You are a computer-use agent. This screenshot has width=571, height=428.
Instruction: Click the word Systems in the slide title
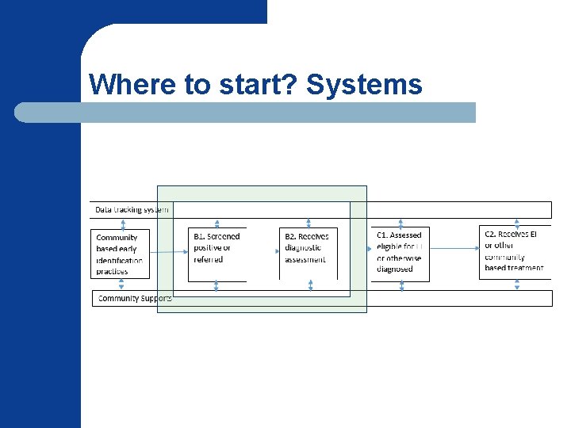364,84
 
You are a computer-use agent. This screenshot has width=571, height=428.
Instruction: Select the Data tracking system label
132,210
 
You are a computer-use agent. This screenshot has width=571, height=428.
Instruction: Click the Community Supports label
133,299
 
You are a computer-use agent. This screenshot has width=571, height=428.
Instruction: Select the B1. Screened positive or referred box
217,254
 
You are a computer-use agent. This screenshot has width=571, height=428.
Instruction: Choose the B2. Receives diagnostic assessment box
308,254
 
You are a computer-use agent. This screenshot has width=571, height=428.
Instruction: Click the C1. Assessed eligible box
401,254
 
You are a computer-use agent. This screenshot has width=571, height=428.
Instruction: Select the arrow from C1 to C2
455,248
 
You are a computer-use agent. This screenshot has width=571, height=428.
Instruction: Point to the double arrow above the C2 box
517,223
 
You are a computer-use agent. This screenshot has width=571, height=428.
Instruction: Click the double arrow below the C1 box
402,285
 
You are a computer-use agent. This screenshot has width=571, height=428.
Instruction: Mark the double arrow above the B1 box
217,224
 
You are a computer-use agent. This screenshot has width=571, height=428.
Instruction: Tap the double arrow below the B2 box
310,285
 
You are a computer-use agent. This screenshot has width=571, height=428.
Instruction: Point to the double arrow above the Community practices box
123,224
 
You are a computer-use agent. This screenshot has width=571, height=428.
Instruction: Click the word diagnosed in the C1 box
395,269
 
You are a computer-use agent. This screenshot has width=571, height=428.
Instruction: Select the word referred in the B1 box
209,259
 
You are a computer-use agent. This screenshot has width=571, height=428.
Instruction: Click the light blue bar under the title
246,113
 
